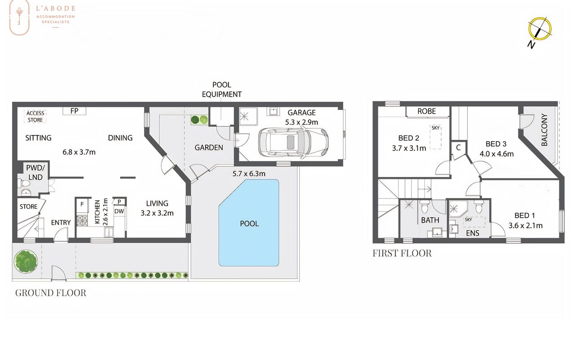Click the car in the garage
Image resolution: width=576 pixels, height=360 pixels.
coord(293,142)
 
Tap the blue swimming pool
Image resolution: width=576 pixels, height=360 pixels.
coord(249,223)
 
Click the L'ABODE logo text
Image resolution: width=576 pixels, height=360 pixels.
coord(55,8)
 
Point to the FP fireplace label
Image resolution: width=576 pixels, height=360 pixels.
coord(74,111)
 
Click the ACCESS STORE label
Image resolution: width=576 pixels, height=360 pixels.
coord(36,117)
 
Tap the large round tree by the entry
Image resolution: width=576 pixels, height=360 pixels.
coord(26,261)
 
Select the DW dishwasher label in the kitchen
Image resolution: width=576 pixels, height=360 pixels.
coord(119,211)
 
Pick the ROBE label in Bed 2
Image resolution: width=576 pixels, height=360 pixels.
coord(427,111)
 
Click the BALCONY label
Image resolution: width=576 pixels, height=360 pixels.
coord(544,130)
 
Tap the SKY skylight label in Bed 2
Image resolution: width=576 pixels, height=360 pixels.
coord(435,128)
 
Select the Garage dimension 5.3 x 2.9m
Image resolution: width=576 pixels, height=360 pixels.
coord(301,122)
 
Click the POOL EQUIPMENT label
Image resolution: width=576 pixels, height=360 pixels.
coord(222,90)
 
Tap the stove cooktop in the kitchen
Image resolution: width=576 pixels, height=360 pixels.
coord(82,221)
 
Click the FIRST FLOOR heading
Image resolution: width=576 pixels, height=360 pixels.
coord(402,253)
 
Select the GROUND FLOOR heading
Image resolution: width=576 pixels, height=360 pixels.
coord(51,293)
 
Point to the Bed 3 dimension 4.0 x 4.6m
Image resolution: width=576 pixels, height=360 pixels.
coord(496,154)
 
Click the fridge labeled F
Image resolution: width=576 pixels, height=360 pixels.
coord(82,204)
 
